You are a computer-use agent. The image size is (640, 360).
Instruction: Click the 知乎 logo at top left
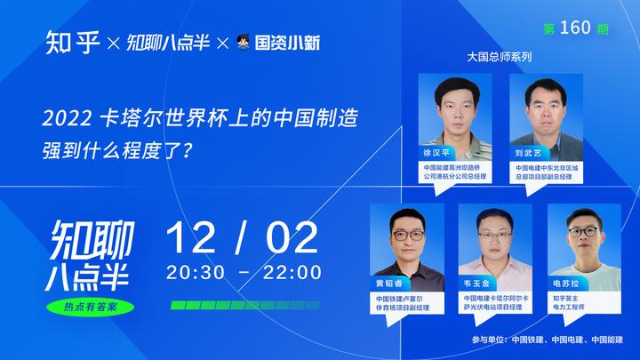(x=72, y=43)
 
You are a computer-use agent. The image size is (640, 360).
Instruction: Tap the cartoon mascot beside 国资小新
(x=243, y=42)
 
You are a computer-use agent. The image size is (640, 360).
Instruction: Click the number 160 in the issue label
(x=575, y=28)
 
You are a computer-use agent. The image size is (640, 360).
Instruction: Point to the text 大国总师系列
(x=500, y=57)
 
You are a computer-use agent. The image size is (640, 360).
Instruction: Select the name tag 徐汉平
(x=436, y=153)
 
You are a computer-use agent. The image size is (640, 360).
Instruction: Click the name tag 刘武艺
(x=528, y=153)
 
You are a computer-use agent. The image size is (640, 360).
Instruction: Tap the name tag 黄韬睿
(x=389, y=284)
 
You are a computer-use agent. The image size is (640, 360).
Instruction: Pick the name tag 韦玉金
(x=476, y=284)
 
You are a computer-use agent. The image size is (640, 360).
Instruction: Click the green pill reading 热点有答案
(x=90, y=307)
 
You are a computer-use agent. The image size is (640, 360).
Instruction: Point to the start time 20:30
(x=196, y=272)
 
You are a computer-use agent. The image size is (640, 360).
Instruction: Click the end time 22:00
(x=292, y=272)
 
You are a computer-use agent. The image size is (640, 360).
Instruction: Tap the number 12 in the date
(x=190, y=238)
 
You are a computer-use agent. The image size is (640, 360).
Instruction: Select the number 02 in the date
(x=292, y=238)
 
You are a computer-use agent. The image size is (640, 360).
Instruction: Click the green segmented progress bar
(x=245, y=305)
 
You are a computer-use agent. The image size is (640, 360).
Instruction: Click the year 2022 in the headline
(x=68, y=119)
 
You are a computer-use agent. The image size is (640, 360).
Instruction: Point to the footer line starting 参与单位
(x=548, y=340)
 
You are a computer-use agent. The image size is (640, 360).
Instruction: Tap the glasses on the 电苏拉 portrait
(x=583, y=232)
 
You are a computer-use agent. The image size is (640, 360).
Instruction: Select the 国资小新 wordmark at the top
(x=287, y=43)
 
